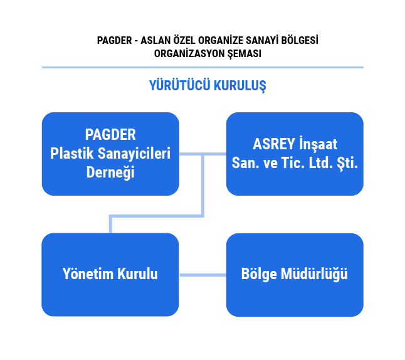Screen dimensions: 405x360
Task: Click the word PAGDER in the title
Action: click(115, 41)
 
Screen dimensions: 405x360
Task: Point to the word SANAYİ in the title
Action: click(261, 40)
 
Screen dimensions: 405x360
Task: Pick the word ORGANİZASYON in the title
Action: click(189, 53)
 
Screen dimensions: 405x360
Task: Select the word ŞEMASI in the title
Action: click(245, 54)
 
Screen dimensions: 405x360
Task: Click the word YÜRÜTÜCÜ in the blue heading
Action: click(179, 85)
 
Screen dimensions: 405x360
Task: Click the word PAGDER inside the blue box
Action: click(110, 135)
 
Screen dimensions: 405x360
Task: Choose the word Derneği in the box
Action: click(110, 172)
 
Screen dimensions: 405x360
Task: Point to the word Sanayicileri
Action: click(134, 153)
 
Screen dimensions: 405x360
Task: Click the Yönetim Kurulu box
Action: click(110, 275)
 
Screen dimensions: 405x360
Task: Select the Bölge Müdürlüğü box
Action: click(295, 275)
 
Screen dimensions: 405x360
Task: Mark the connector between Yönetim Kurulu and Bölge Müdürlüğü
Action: click(202, 275)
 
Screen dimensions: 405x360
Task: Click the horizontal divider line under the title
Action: click(202, 68)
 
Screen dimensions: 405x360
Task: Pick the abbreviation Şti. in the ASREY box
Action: click(347, 163)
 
